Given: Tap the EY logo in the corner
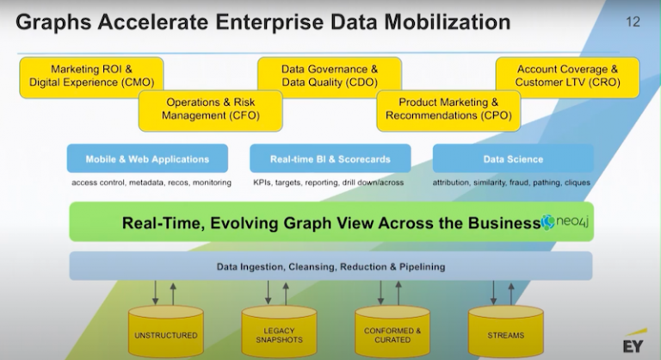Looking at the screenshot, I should [634, 344].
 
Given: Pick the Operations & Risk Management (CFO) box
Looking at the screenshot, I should [200, 109].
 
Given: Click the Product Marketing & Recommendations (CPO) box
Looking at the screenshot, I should [448, 109].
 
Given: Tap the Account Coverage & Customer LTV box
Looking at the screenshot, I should [566, 74].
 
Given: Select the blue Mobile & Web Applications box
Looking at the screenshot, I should [147, 159].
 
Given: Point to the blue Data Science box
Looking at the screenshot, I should [513, 159].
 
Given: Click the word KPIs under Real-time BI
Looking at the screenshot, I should [263, 183].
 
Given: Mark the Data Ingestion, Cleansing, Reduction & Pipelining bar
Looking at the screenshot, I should [330, 266].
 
